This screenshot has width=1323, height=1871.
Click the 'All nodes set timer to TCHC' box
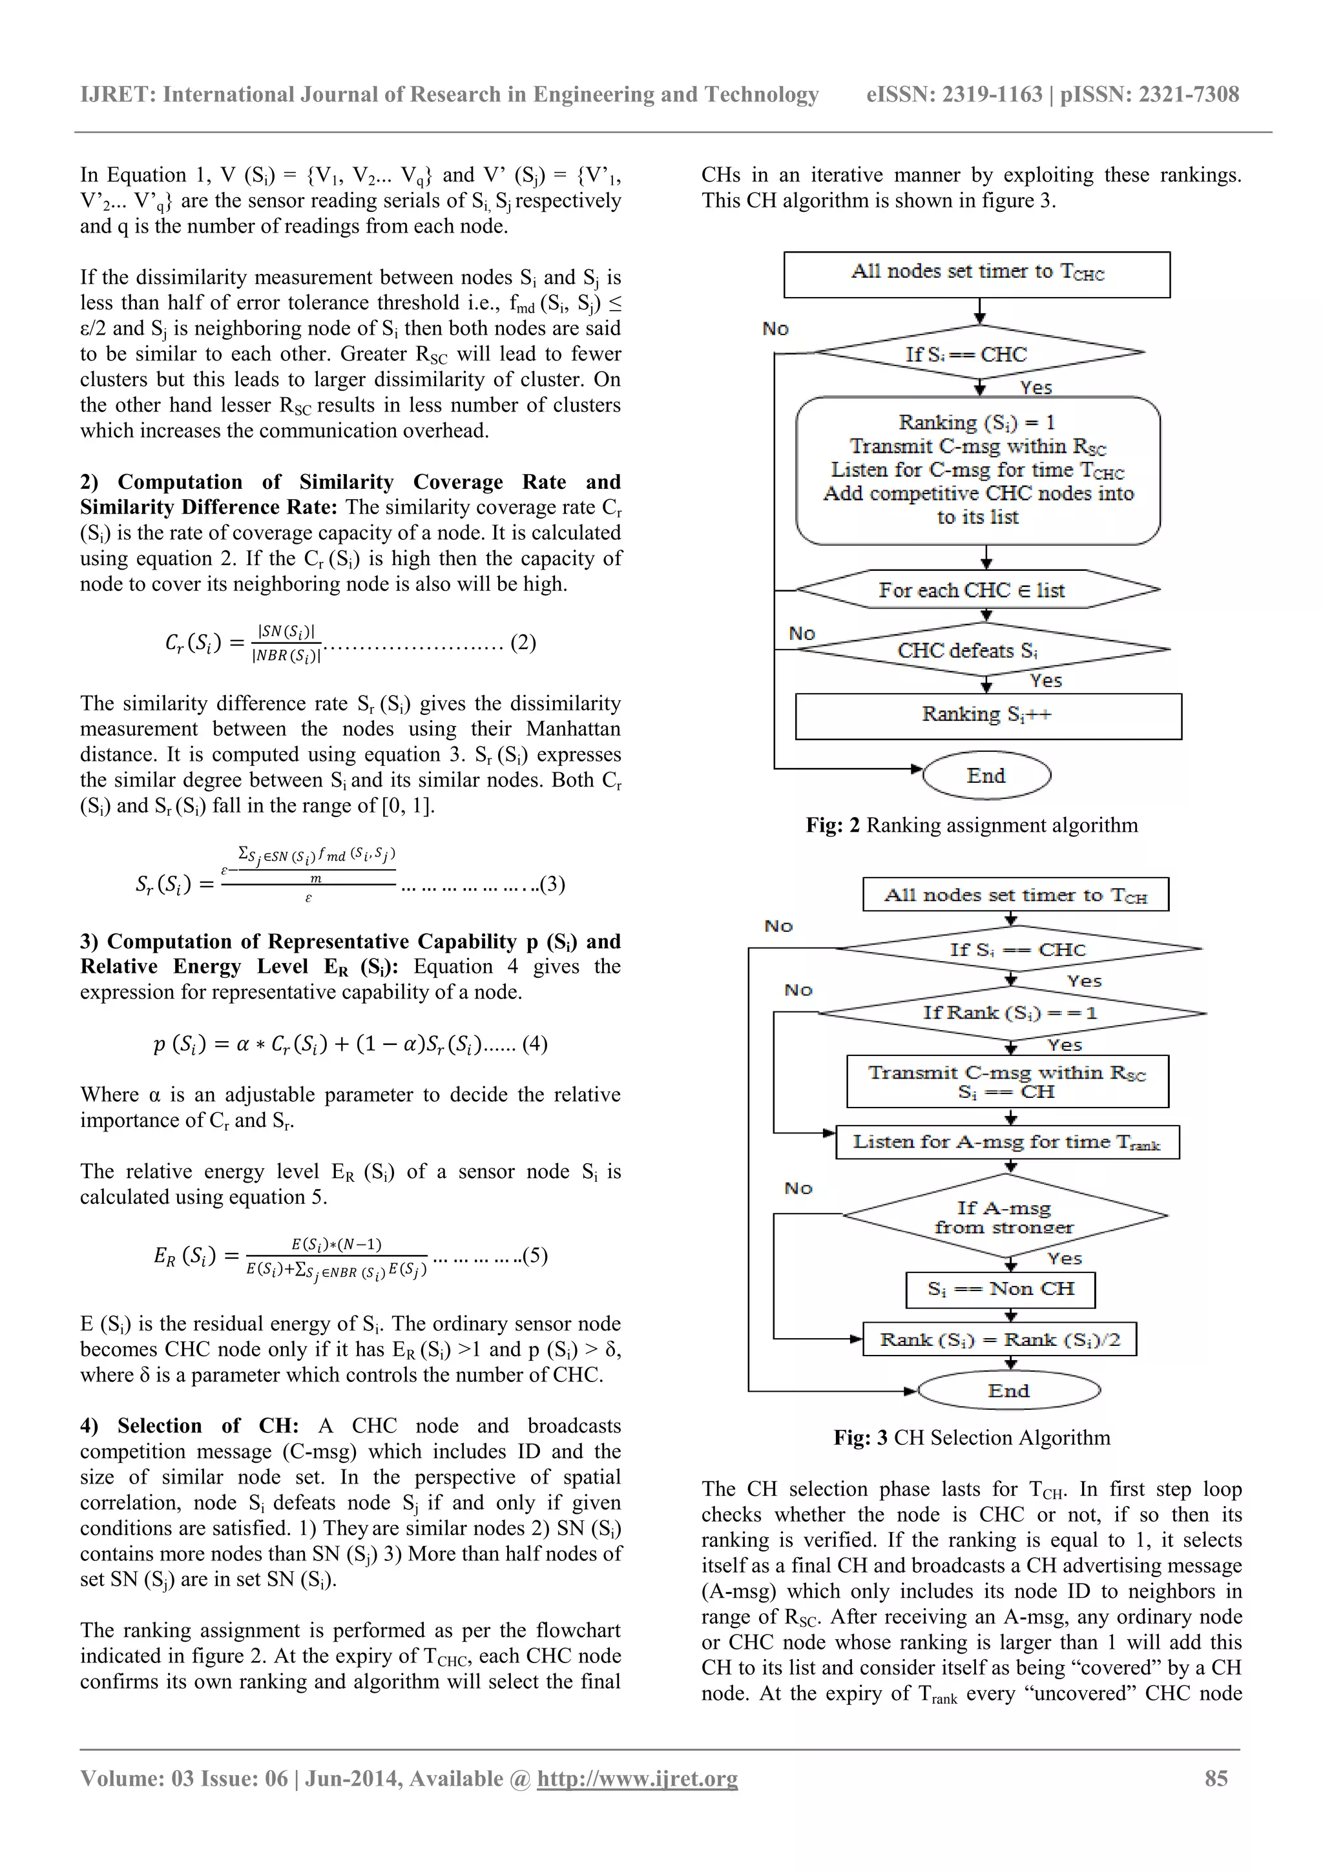[977, 274]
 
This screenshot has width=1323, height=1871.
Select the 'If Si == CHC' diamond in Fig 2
[979, 354]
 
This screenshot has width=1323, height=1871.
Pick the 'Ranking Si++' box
[987, 716]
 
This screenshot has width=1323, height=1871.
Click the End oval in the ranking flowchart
[986, 775]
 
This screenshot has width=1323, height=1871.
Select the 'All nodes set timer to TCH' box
[1015, 894]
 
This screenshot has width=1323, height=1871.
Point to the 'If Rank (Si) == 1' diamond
[1011, 1013]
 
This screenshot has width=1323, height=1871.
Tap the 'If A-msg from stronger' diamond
[1005, 1217]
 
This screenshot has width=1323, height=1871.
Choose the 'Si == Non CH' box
[1000, 1289]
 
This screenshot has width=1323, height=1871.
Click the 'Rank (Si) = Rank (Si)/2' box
[999, 1339]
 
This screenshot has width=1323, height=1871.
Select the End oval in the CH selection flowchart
[1008, 1391]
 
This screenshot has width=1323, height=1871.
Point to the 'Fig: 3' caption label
[860, 1438]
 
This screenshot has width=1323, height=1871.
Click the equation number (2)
[523, 642]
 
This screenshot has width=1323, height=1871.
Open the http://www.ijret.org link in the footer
[637, 1778]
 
